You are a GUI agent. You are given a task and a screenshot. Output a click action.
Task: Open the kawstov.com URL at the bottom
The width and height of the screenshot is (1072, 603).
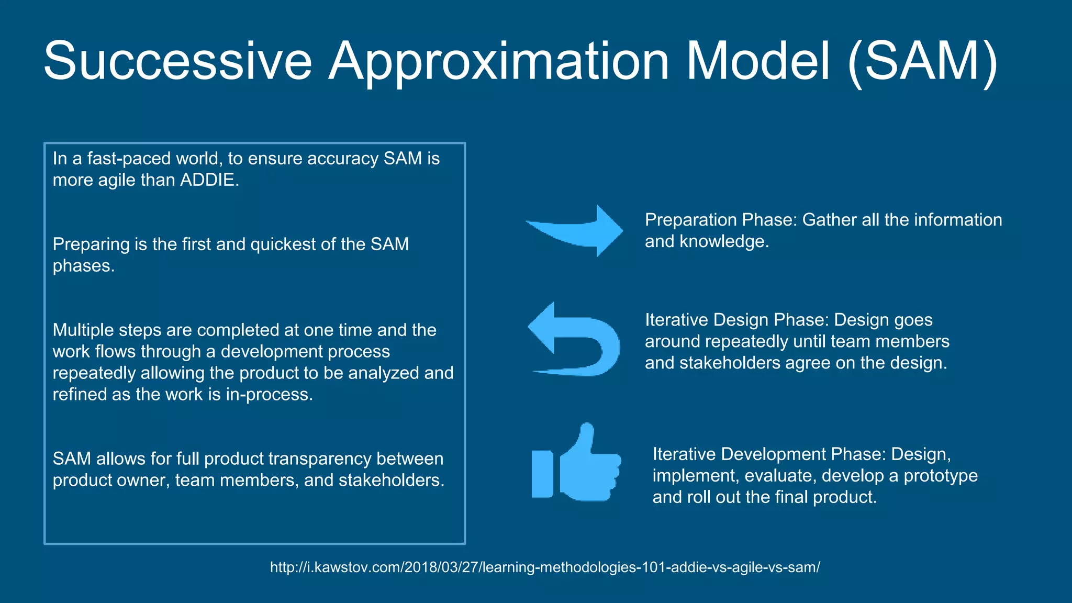[x=545, y=567]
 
